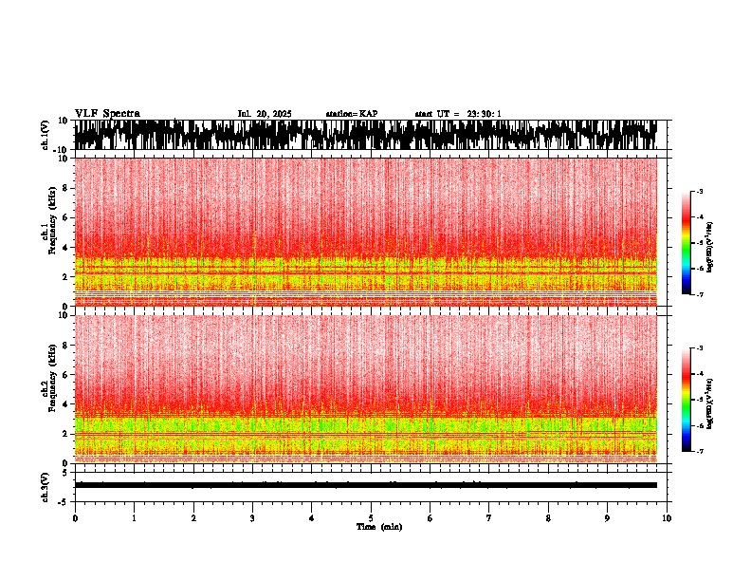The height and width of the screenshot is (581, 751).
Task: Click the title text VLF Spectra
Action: pyautogui.click(x=107, y=114)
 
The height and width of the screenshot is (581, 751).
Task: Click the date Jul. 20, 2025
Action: pyautogui.click(x=265, y=114)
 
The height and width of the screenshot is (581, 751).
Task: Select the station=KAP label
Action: pyautogui.click(x=351, y=114)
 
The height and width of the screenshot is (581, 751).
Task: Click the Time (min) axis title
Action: pyautogui.click(x=378, y=526)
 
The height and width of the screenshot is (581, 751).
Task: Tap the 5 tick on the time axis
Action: pyautogui.click(x=371, y=517)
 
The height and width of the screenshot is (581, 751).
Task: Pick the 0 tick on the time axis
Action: pyautogui.click(x=75, y=517)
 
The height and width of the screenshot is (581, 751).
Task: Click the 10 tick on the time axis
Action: pyautogui.click(x=667, y=517)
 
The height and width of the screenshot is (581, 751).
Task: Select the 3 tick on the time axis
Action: pyautogui.click(x=252, y=517)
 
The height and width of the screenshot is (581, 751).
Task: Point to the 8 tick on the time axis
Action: pyautogui.click(x=548, y=517)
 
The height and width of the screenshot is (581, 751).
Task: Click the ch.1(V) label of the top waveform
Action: pyautogui.click(x=46, y=135)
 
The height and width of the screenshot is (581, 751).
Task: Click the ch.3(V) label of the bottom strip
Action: pyautogui.click(x=46, y=485)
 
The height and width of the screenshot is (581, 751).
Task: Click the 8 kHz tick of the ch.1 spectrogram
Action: pyautogui.click(x=64, y=188)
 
